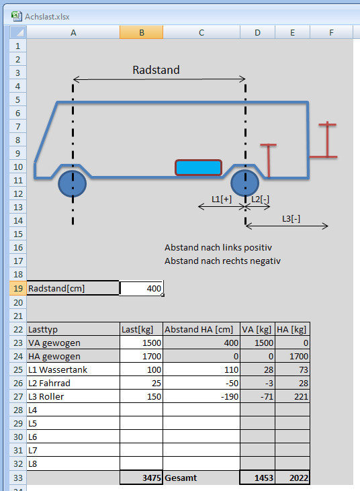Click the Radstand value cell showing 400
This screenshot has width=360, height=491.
141,288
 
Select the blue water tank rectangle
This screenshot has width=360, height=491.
198,167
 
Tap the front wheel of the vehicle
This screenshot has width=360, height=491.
73,184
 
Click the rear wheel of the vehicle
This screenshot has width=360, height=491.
244,183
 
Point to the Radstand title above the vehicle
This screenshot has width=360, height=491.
156,70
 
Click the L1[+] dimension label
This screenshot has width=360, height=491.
222,199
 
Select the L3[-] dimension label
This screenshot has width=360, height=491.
291,218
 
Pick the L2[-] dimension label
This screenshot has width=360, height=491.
260,199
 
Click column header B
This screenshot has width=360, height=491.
142,32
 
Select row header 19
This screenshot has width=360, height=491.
18,288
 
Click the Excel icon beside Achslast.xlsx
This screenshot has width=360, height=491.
17,16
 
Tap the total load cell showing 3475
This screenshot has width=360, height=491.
141,478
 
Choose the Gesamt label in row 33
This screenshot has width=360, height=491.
181,478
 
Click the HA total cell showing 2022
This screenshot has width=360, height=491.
292,478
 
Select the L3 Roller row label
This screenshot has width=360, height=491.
46,396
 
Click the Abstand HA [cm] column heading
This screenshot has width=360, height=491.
199,329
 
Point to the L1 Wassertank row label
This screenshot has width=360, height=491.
58,369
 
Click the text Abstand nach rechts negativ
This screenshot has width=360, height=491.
222,261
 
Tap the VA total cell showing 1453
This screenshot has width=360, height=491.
257,478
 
